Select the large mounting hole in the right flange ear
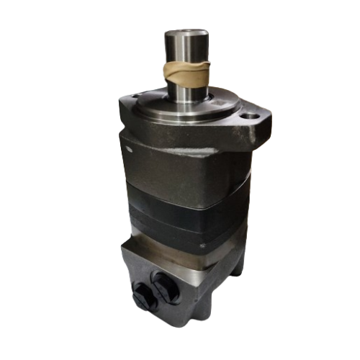coord(250,115)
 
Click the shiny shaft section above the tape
coord(186,48)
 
